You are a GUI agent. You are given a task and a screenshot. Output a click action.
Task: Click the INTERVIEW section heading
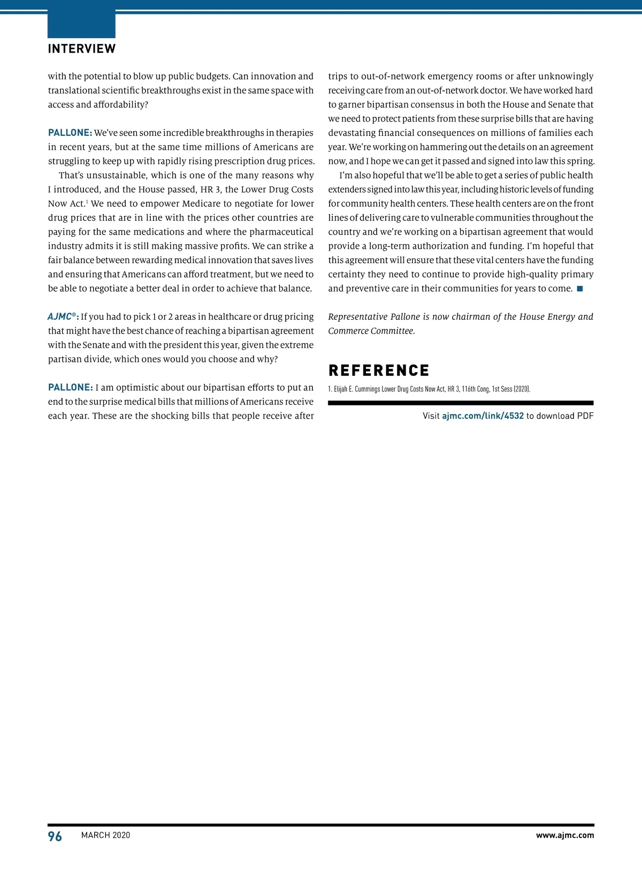(81, 49)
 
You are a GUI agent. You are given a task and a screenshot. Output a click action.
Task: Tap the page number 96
(55, 836)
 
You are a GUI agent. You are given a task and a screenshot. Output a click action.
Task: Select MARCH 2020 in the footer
(105, 835)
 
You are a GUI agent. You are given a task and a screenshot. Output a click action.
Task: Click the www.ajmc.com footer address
(564, 835)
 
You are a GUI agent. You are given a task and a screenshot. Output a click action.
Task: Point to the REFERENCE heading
(379, 371)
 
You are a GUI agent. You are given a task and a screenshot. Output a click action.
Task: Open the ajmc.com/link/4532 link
(483, 416)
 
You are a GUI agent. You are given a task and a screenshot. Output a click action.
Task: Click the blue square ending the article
(579, 289)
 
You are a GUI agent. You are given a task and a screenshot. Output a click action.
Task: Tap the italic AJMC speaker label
(63, 317)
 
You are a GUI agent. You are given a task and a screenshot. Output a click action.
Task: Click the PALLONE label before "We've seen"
(70, 133)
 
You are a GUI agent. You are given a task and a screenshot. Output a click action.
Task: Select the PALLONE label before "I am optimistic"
(70, 388)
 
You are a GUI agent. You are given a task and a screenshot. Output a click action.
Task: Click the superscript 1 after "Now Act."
(87, 202)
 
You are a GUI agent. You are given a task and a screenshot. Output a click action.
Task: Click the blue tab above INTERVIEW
(81, 24)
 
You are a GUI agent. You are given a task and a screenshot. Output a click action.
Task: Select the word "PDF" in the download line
(585, 416)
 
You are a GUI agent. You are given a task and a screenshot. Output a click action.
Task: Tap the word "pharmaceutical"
(281, 232)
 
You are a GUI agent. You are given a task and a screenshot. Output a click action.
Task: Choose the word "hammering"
(442, 147)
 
